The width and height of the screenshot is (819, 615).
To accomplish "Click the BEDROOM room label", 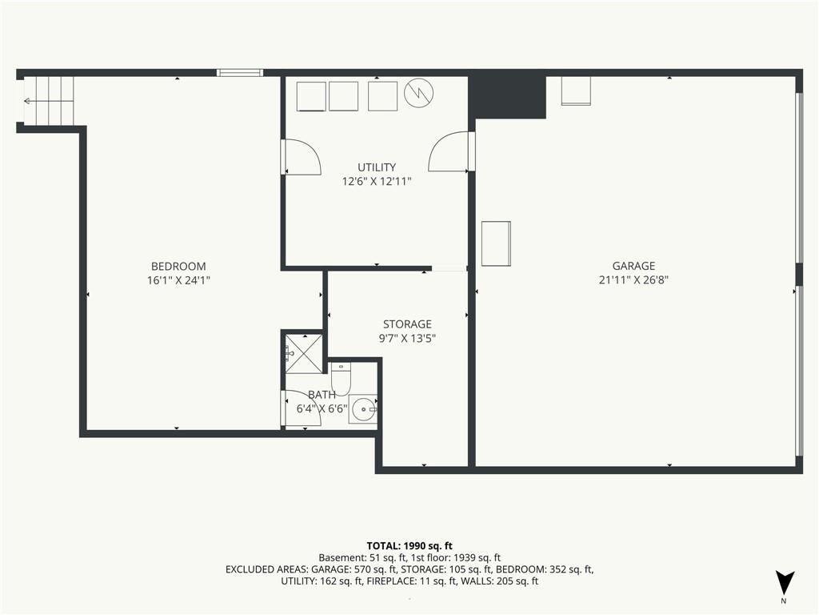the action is tap(178, 266).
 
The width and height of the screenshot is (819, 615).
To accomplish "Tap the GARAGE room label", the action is tap(633, 266).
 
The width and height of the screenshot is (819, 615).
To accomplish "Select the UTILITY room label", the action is tap(377, 167).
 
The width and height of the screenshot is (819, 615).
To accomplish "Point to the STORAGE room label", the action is tap(407, 324).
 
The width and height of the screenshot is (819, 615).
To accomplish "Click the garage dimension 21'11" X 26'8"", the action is tap(633, 279).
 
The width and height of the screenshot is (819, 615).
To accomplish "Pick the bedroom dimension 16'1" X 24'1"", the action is tap(178, 280).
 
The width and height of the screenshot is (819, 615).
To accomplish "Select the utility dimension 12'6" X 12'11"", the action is tap(377, 182).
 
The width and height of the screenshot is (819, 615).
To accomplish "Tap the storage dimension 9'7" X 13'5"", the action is tap(407, 339).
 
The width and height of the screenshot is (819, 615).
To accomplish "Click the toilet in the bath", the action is tap(341, 379).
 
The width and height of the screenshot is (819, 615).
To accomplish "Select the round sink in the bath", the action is tap(363, 409).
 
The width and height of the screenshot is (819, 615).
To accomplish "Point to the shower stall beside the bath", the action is tap(303, 354).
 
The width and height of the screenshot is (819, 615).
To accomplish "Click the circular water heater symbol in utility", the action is tap(419, 94).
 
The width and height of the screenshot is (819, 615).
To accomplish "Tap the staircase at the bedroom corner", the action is tap(48, 101).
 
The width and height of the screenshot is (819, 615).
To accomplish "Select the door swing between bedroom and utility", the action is tap(301, 156).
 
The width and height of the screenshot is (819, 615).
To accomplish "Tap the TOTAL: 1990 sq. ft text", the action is tap(409, 546).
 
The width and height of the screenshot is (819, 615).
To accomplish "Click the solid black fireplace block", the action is tap(506, 98).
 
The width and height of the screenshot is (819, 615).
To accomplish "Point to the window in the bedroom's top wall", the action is tap(240, 73).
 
